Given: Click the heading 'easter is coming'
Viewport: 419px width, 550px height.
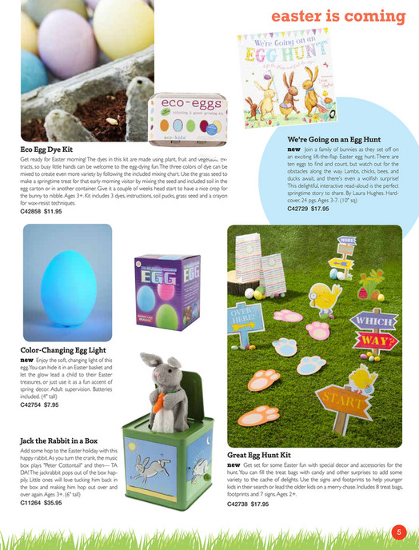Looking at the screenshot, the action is pos(339,17).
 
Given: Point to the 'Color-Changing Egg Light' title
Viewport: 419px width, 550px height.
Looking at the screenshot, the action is pos(62,349).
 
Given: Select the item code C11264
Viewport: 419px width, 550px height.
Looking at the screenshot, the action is pos(33,503).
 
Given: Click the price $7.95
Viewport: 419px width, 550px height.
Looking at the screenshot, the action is pos(48,405).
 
